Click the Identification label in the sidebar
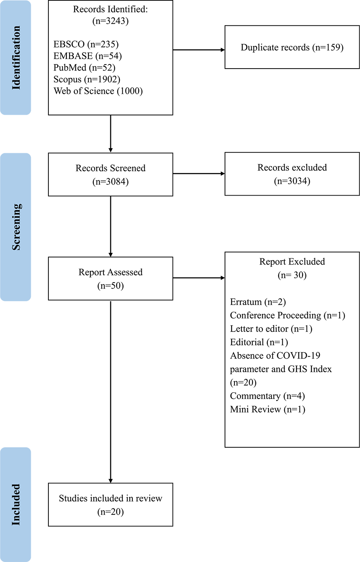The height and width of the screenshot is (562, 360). (x=16, y=58)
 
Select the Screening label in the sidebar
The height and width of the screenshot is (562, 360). (x=16, y=227)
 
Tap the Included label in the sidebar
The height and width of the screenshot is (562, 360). (x=16, y=504)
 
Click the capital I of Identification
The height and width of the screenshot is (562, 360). (x=16, y=87)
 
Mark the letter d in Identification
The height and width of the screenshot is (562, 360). (x=16, y=82)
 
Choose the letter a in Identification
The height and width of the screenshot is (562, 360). (x=17, y=46)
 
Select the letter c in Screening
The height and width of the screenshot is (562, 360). (x=17, y=242)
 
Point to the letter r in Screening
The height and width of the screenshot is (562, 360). (x=17, y=237)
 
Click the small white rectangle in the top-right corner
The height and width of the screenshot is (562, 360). (x=318, y=12)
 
